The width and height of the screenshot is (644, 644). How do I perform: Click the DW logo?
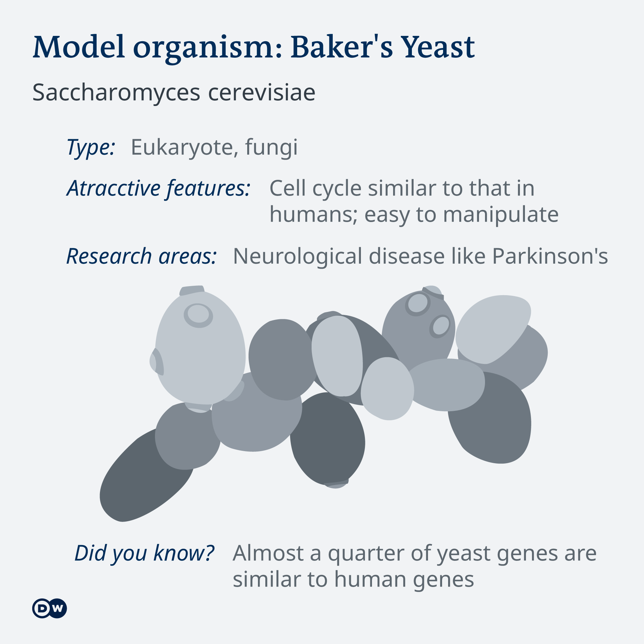(50, 608)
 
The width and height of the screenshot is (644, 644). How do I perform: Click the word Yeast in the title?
(438, 47)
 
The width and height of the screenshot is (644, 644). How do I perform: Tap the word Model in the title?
(79, 47)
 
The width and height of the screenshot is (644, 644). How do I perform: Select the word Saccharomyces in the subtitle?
(116, 93)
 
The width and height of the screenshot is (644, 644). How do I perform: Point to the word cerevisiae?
(262, 93)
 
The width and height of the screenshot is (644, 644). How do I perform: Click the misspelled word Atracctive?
(113, 188)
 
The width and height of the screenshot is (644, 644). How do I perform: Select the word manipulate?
(501, 215)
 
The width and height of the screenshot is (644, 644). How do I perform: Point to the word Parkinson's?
(550, 256)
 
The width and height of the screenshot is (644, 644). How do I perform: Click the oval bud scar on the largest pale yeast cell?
(198, 315)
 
